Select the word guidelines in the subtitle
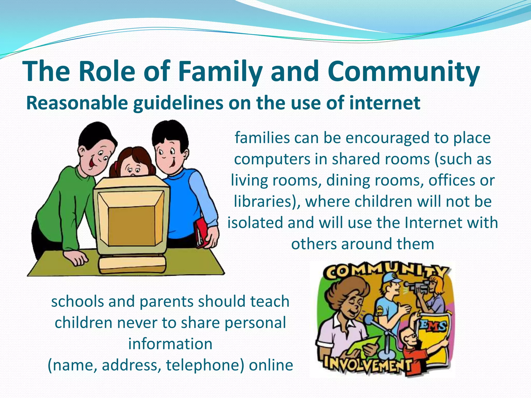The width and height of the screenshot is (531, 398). pyautogui.click(x=178, y=103)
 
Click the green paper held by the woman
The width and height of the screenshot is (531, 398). pyautogui.click(x=363, y=345)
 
